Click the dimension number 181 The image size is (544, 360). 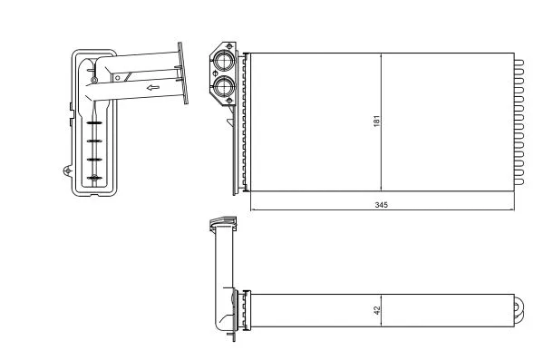point(376,121)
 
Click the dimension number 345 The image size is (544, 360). point(381,206)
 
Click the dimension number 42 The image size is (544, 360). point(376,310)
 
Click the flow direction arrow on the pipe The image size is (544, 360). point(153,88)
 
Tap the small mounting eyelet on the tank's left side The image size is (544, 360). point(66,170)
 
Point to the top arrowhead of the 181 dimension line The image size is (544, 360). point(381,55)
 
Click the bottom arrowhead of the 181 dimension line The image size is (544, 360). point(381,188)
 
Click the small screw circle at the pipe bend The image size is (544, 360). point(92,81)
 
